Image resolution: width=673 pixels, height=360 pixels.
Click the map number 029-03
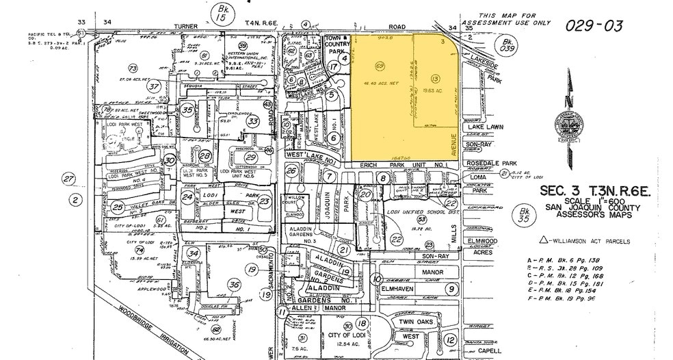[x=594, y=26]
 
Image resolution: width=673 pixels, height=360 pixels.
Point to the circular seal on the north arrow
[x=567, y=125]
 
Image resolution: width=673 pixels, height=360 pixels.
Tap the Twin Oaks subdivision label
[x=417, y=322]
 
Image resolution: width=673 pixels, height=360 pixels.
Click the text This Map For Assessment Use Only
[x=514, y=18]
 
